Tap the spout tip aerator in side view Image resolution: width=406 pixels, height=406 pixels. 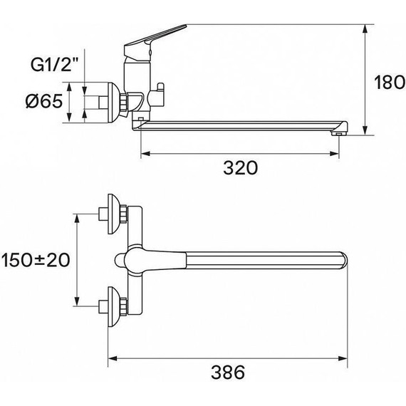(x=340, y=129)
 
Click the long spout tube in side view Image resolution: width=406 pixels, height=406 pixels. (x=242, y=124)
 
